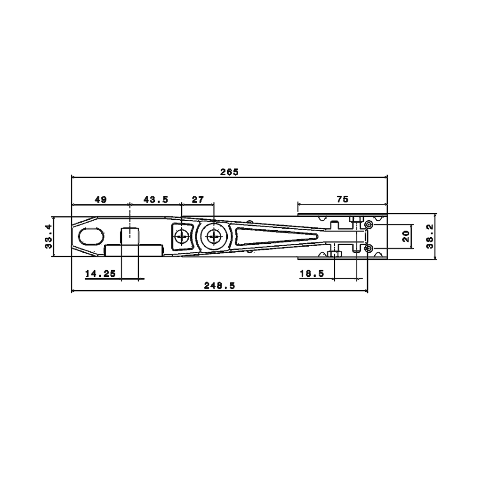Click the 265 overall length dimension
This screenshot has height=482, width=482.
pyautogui.click(x=229, y=172)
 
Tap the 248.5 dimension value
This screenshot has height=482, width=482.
pyautogui.click(x=219, y=286)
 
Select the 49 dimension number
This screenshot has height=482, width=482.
pyautogui.click(x=101, y=200)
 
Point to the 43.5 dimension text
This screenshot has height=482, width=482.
pyautogui.click(x=156, y=200)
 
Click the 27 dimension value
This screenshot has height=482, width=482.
pyautogui.click(x=198, y=200)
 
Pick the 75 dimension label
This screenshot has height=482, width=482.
pyautogui.click(x=343, y=199)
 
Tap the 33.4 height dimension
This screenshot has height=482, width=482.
pyautogui.click(x=48, y=236)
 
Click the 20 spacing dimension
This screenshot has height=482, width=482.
pyautogui.click(x=406, y=236)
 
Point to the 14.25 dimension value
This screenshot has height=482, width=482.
pyautogui.click(x=101, y=273)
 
